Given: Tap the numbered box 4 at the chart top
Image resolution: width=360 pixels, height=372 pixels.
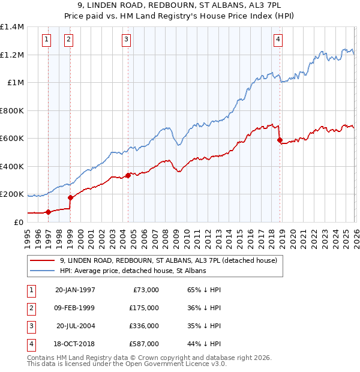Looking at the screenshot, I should (278, 40).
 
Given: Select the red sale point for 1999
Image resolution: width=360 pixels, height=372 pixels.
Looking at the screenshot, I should (70, 197).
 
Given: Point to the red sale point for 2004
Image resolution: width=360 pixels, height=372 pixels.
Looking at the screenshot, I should (128, 175).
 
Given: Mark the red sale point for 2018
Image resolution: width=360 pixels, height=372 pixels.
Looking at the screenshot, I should (280, 140).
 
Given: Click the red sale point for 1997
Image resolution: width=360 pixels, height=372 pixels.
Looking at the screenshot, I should (48, 212).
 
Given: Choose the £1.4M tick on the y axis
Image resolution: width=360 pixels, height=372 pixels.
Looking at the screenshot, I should (12, 27).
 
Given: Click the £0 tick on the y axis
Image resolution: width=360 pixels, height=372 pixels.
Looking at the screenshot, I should (19, 222).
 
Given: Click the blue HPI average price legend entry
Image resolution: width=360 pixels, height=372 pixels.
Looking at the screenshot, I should (133, 271).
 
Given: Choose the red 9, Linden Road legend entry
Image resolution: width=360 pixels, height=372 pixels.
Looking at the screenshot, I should (168, 260).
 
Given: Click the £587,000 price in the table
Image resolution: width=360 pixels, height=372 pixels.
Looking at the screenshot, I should (144, 344).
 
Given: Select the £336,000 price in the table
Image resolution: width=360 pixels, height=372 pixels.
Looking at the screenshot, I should (144, 326).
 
